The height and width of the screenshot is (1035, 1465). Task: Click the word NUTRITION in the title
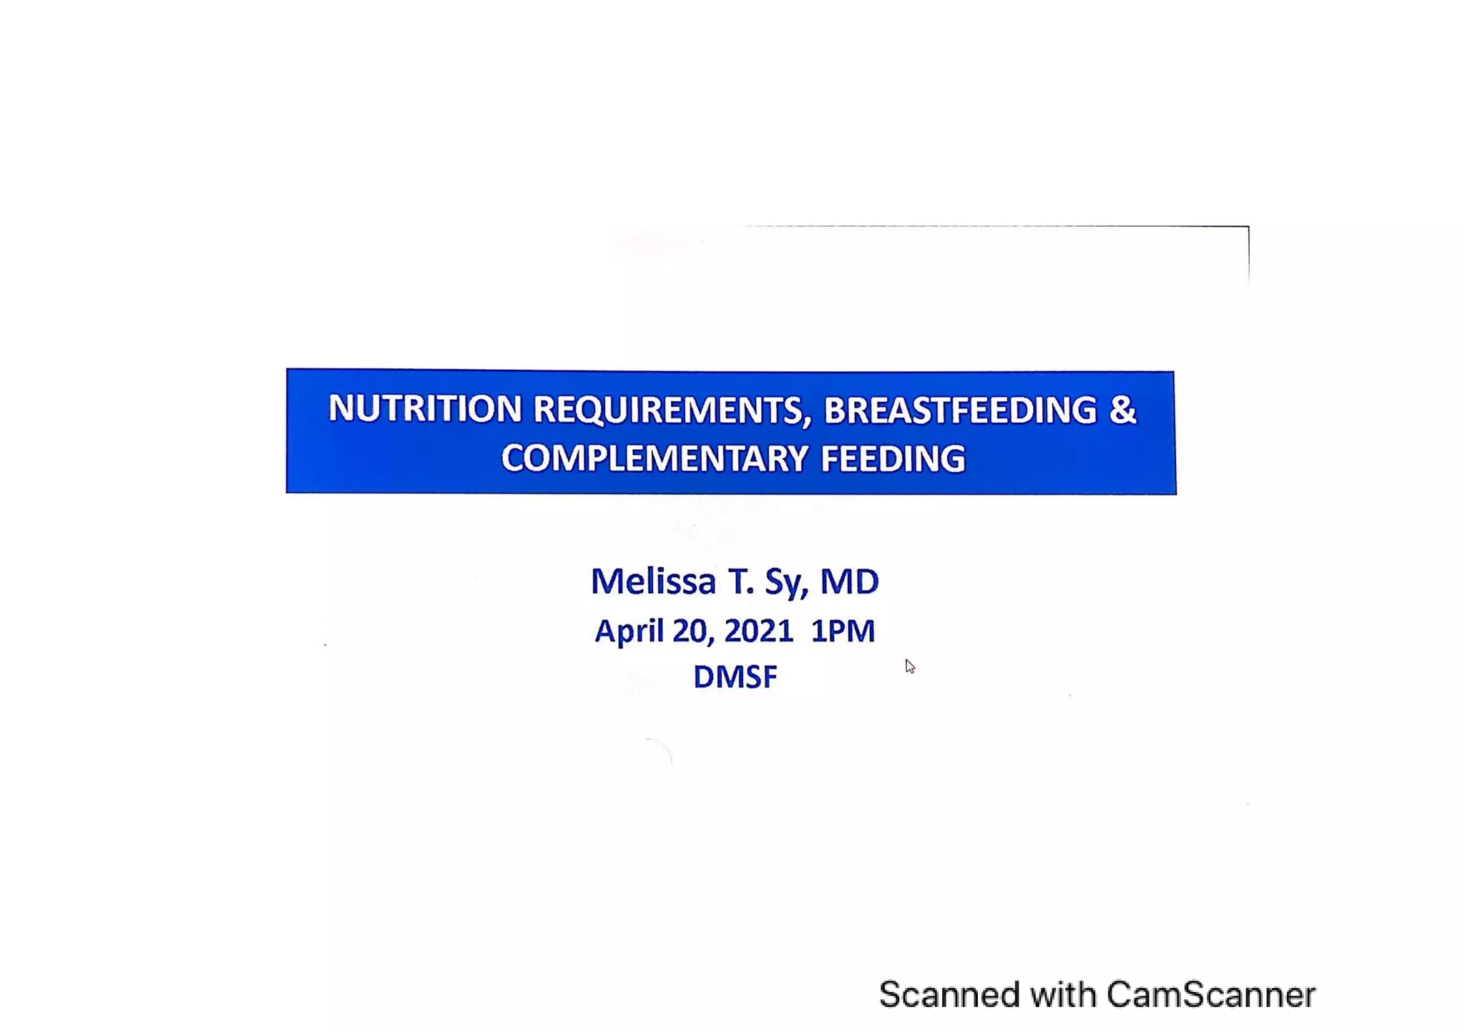[425, 409]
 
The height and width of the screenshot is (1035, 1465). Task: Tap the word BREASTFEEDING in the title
[960, 411]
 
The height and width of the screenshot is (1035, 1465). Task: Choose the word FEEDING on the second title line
[893, 458]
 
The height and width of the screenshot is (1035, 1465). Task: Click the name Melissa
[652, 581]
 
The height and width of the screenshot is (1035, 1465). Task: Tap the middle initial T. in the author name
[740, 581]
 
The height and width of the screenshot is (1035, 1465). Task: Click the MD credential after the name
[849, 581]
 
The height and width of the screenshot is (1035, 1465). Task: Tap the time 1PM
[843, 631]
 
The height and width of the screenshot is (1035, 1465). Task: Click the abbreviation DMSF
[735, 677]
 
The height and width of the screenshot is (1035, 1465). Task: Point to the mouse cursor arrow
[909, 667]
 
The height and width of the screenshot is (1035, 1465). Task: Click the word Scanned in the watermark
[949, 994]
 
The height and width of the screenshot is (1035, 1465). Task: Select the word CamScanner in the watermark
[1210, 994]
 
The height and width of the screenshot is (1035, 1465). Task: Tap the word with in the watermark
[1063, 994]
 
